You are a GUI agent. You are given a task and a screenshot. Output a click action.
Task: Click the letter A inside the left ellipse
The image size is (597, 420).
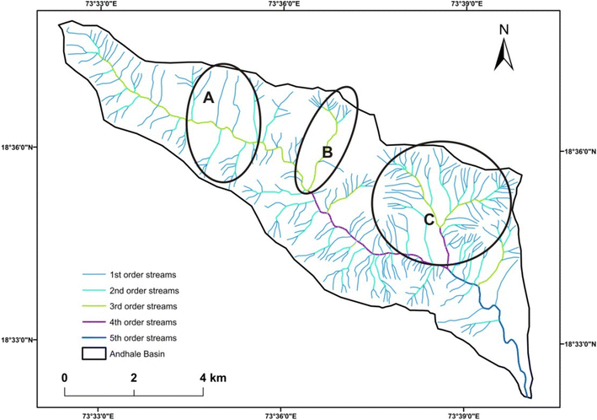(208, 98)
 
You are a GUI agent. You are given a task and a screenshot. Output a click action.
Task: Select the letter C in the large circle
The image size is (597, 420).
(429, 220)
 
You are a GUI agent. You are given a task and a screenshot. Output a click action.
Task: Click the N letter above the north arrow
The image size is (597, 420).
(504, 30)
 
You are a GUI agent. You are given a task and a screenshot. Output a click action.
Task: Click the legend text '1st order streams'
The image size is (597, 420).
(142, 275)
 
